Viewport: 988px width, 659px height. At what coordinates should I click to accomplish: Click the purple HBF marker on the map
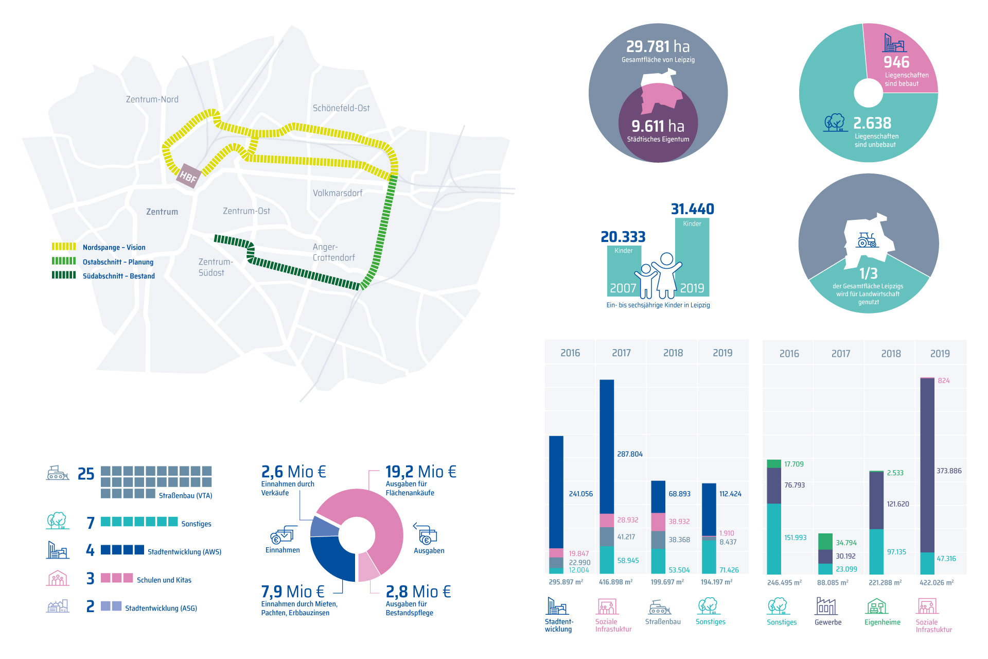(x=188, y=177)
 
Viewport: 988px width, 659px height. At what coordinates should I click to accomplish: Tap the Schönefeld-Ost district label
(x=341, y=108)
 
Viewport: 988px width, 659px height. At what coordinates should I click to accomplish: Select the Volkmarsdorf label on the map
(x=338, y=193)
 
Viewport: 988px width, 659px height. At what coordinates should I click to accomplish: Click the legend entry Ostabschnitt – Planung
(x=118, y=262)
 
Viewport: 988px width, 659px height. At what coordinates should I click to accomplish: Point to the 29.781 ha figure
(x=658, y=47)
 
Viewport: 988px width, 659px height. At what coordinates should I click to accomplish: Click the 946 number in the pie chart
(x=896, y=62)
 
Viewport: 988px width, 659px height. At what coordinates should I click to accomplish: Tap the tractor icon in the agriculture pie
(x=867, y=240)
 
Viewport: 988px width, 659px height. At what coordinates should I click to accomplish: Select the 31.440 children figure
(x=692, y=209)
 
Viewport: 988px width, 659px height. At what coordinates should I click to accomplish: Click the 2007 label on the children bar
(x=623, y=288)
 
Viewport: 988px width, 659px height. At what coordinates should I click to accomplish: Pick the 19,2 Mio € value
(x=420, y=472)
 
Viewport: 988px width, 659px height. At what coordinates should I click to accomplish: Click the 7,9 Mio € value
(x=292, y=591)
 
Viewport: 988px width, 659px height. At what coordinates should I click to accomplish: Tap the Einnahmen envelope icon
(x=283, y=535)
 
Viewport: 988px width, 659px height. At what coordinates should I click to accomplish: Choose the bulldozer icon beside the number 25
(x=58, y=473)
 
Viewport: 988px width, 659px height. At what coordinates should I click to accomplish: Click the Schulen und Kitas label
(x=164, y=580)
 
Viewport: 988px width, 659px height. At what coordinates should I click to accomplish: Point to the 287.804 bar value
(x=630, y=454)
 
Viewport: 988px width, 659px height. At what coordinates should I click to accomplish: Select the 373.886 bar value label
(x=949, y=471)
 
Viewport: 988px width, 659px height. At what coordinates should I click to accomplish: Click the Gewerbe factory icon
(x=826, y=606)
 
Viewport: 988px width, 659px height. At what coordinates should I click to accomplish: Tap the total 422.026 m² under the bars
(x=937, y=583)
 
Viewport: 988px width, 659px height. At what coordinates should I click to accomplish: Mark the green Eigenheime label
(x=882, y=622)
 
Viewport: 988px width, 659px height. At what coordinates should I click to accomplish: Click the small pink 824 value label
(x=944, y=380)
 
